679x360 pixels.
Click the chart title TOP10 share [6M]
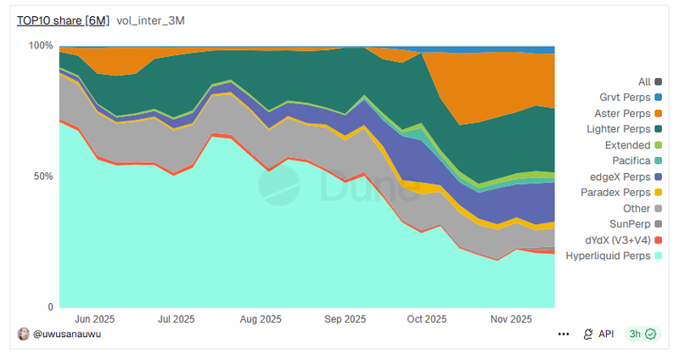(x=63, y=20)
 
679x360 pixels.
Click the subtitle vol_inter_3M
(x=150, y=20)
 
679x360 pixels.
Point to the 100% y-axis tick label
(x=41, y=46)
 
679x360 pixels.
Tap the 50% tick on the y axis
(x=43, y=177)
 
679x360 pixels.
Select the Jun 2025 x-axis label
(x=95, y=319)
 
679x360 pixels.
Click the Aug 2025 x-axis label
(x=261, y=319)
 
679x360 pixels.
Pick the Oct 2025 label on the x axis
(x=426, y=319)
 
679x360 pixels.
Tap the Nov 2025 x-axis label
(x=510, y=319)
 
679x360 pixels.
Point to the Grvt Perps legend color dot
(x=658, y=98)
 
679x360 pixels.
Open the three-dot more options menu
(x=564, y=335)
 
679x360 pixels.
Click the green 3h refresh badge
(x=641, y=335)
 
